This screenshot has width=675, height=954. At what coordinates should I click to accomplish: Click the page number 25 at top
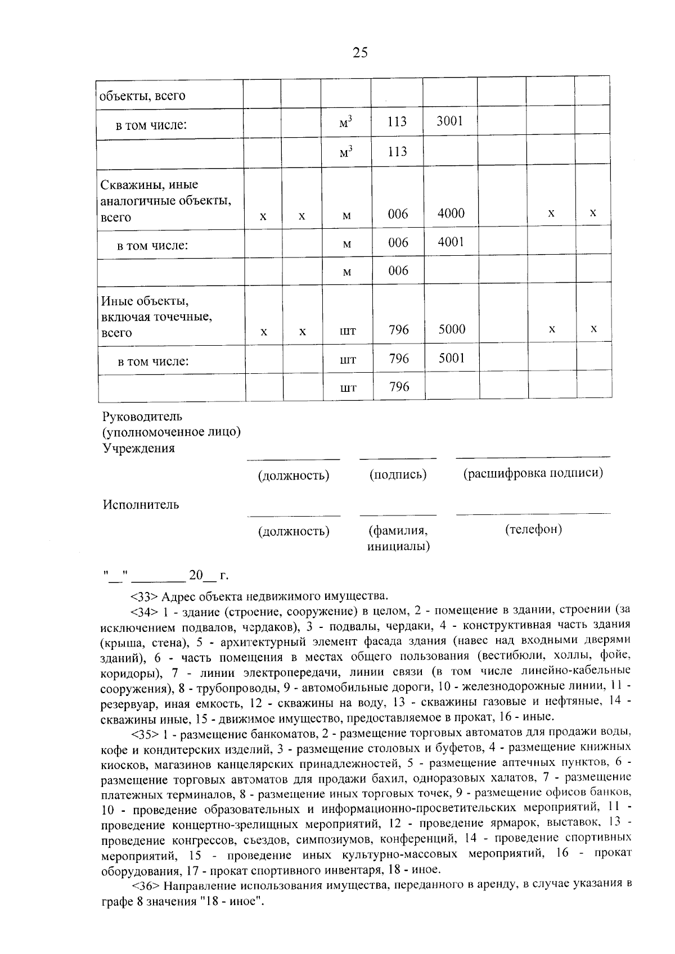coord(360,53)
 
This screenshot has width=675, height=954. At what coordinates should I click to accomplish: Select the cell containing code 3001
coord(450,120)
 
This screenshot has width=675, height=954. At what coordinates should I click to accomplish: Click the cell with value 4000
coord(451,213)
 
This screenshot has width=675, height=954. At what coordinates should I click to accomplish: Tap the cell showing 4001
coord(451,242)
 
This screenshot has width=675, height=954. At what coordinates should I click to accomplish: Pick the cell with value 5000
coord(452,329)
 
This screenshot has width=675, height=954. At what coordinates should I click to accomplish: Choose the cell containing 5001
coord(452,358)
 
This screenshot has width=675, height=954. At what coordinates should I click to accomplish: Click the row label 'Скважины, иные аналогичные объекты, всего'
coord(166,201)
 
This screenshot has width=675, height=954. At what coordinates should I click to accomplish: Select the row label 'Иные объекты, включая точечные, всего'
coord(157,317)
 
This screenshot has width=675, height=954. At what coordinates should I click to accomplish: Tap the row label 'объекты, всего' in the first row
coord(142,96)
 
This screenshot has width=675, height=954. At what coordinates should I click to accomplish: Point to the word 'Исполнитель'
coord(141,504)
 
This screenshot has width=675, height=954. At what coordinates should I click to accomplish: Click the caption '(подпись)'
coord(398,475)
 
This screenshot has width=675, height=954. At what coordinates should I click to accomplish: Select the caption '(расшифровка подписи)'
coord(533,473)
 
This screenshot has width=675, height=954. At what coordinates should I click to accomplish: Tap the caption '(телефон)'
coord(533,529)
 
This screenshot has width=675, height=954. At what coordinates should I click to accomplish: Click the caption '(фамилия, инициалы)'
coord(398,538)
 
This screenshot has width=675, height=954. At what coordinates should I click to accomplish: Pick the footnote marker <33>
coord(143,596)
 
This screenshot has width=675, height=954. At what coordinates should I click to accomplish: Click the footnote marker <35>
coord(144,734)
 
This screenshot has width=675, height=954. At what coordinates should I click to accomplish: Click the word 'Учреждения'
coord(138,448)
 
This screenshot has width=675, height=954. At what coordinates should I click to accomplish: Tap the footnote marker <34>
coord(143,611)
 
